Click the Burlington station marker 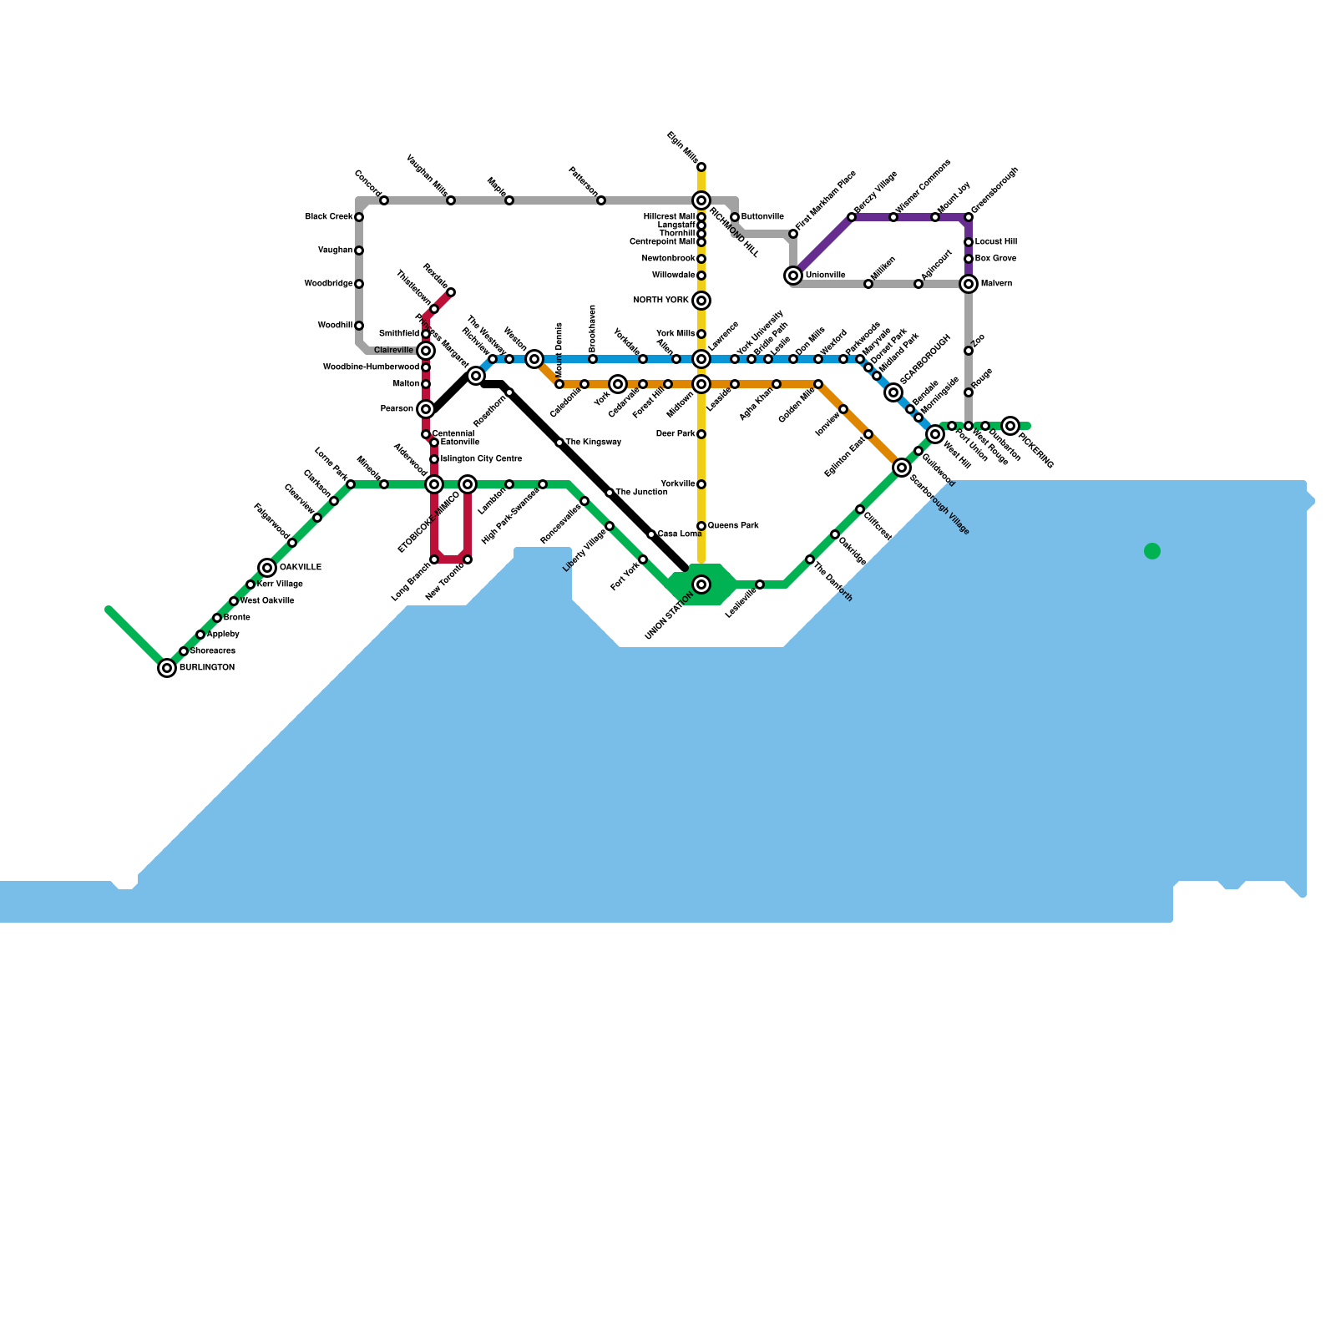pyautogui.click(x=167, y=668)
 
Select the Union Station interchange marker pyautogui.click(x=701, y=584)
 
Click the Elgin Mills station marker pyautogui.click(x=701, y=167)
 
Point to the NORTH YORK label pyautogui.click(x=661, y=301)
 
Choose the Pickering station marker pyautogui.click(x=1010, y=426)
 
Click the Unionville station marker pyautogui.click(x=793, y=276)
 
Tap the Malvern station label pyautogui.click(x=996, y=284)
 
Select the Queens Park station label pyautogui.click(x=733, y=526)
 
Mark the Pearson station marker pyautogui.click(x=426, y=409)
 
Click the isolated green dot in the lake pyautogui.click(x=1152, y=551)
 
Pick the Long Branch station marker pyautogui.click(x=434, y=559)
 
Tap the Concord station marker pyautogui.click(x=384, y=200)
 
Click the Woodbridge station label pyautogui.click(x=328, y=284)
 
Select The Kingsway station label pyautogui.click(x=594, y=443)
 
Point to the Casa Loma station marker pyautogui.click(x=651, y=534)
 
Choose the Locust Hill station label pyautogui.click(x=996, y=242)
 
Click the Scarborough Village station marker pyautogui.click(x=902, y=468)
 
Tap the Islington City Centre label pyautogui.click(x=481, y=459)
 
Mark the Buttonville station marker pyautogui.click(x=735, y=217)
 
